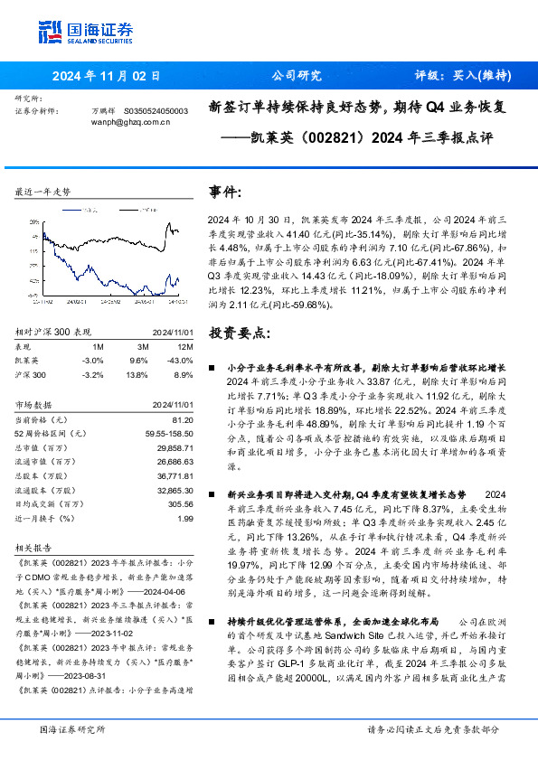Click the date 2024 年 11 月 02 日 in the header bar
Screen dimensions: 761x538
106,76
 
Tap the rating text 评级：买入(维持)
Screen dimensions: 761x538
458,76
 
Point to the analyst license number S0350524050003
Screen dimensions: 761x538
155,110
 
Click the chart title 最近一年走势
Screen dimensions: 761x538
43,192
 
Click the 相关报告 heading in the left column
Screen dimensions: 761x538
36,547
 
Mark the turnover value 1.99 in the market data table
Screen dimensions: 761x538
185,519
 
